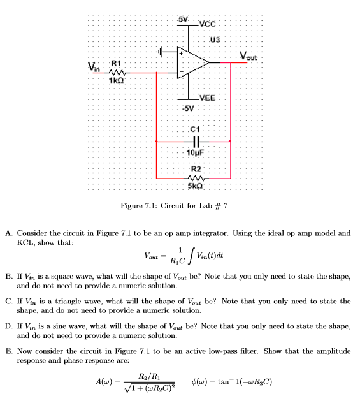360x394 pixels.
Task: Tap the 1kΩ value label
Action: [x=115, y=80]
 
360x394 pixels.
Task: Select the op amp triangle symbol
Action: [x=193, y=62]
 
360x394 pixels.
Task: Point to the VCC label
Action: [x=208, y=24]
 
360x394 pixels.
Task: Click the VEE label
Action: [x=208, y=98]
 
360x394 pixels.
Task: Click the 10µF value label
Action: [x=195, y=152]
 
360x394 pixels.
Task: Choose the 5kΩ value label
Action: [x=195, y=186]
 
